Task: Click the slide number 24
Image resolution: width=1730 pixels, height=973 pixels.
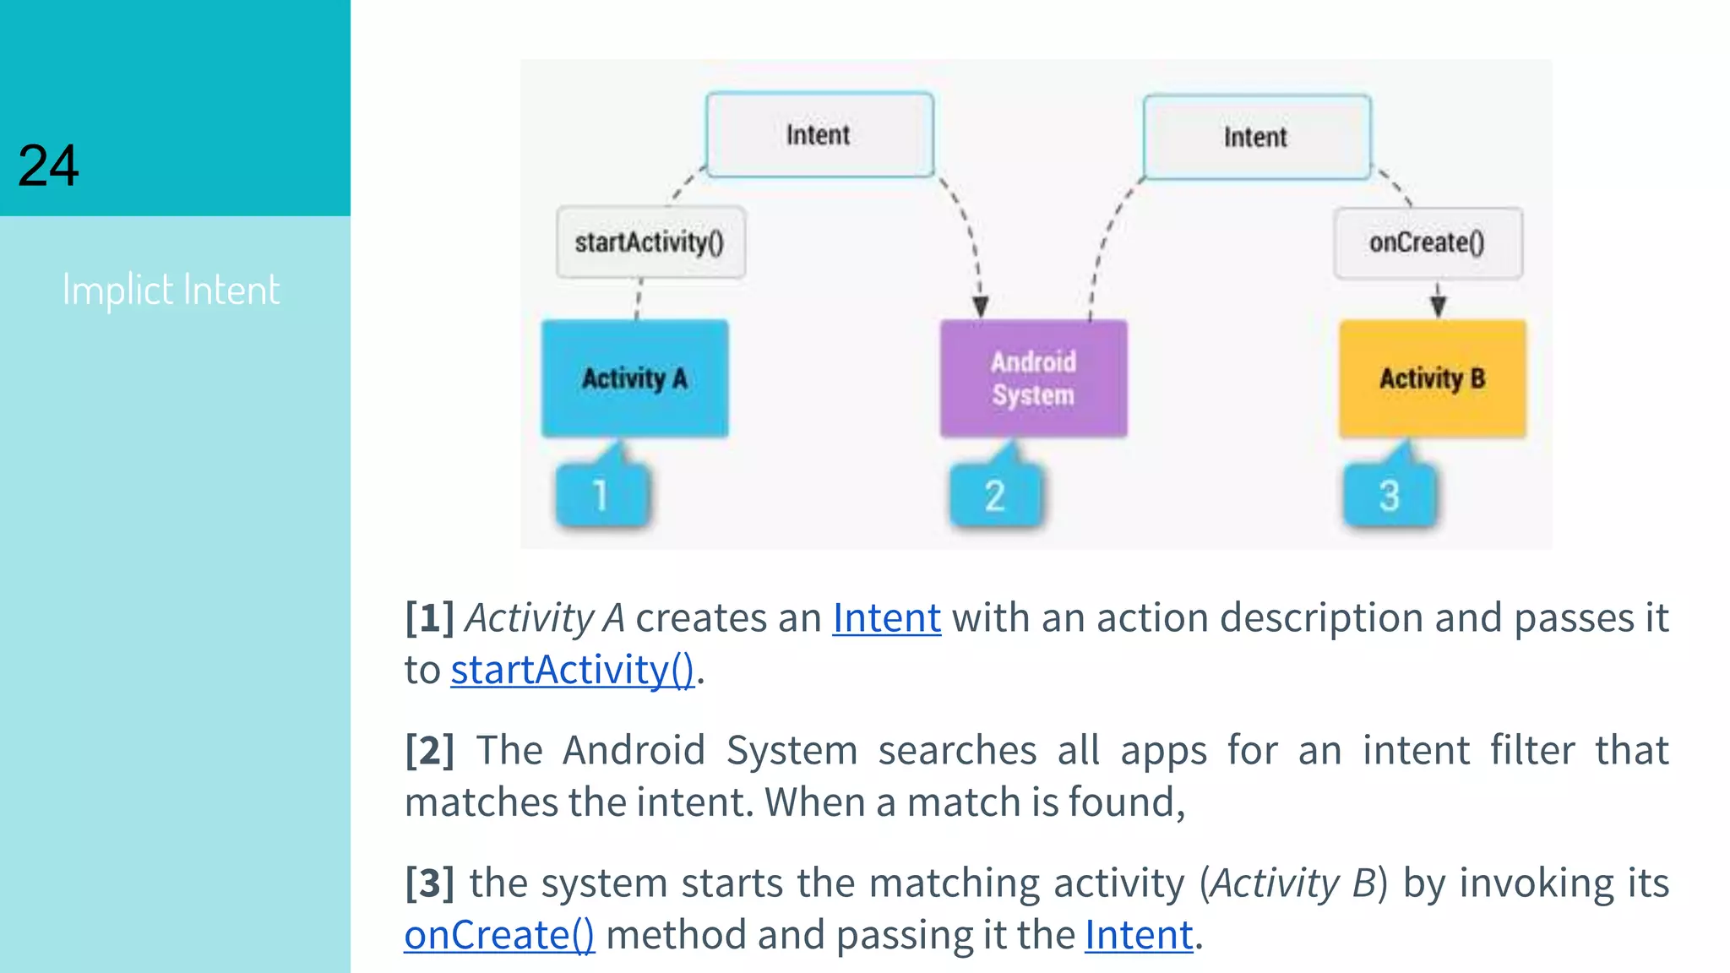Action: (x=48, y=166)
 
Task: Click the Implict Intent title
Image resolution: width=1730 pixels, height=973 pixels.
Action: (x=171, y=290)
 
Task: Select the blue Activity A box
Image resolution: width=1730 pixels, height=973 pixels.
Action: (x=634, y=378)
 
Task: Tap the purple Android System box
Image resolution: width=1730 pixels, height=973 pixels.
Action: (x=1033, y=378)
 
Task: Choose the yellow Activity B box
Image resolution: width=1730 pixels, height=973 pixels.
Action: (x=1432, y=378)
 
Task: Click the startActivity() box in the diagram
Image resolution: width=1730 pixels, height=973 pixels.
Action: (x=650, y=242)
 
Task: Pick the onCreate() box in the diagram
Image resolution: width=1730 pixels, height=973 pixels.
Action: (x=1428, y=242)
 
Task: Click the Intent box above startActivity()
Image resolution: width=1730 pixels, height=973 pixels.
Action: (x=819, y=135)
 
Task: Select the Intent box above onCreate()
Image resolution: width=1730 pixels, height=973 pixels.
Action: (x=1256, y=137)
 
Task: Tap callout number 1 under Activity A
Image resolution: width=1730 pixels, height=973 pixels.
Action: (x=601, y=495)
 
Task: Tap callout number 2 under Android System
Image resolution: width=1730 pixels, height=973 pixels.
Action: (x=995, y=495)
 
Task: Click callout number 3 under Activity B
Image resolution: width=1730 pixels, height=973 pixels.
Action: (x=1390, y=495)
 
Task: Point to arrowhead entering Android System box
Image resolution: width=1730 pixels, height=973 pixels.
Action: (x=980, y=307)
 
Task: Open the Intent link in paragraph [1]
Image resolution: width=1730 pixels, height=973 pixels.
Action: (x=886, y=617)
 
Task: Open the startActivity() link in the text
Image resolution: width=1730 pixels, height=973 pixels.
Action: (x=572, y=670)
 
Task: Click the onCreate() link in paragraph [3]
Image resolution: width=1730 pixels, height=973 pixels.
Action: (x=498, y=935)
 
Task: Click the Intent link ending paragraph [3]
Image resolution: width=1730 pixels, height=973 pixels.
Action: (x=1139, y=935)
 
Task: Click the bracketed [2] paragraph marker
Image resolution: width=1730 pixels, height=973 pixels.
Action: (x=429, y=750)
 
